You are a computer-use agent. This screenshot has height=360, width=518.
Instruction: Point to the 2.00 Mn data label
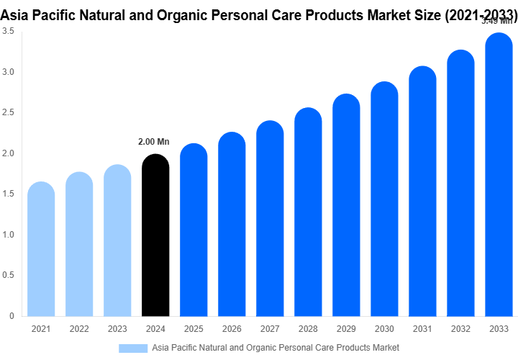pos(153,142)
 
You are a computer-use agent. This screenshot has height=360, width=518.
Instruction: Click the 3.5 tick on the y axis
pos(8,32)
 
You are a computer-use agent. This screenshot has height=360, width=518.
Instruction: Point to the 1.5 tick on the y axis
pos(8,194)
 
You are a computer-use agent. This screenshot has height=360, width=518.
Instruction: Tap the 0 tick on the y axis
pos(12,316)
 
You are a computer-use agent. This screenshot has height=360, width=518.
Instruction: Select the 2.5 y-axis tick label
pos(8,113)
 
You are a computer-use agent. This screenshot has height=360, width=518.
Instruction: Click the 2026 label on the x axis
pos(232,329)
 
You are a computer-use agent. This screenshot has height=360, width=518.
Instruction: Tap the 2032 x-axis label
pos(460,329)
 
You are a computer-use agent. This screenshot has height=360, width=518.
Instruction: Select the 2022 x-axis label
pos(79,329)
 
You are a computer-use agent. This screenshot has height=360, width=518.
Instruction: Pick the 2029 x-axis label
pos(346,329)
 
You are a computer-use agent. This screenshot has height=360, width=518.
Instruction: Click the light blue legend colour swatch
pos(133,348)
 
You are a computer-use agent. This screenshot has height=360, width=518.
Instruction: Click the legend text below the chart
pos(276,348)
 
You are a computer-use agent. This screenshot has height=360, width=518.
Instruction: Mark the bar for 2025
pos(194,230)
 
